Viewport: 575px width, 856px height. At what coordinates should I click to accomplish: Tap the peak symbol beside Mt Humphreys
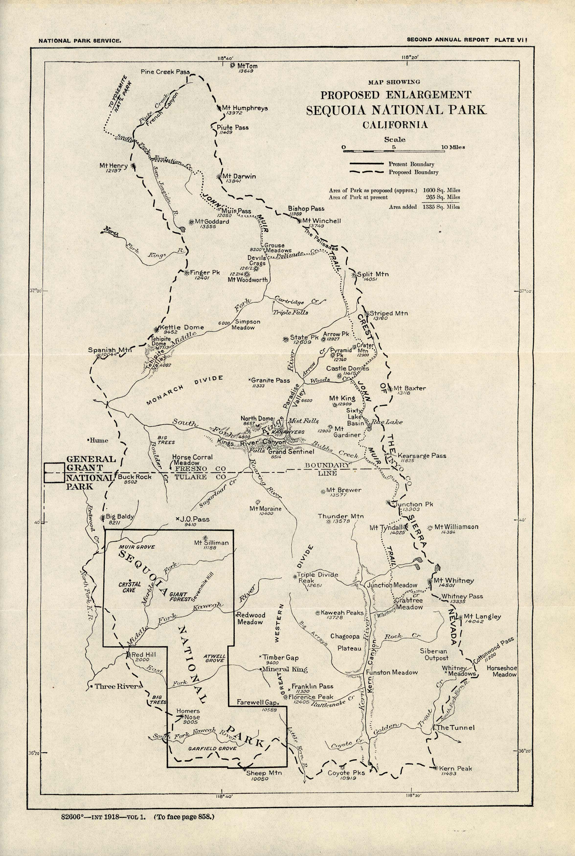[x=219, y=108]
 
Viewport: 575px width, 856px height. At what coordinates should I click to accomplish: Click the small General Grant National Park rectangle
[x=55, y=473]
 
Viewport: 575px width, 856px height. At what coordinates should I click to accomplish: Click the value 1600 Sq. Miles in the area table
[x=441, y=190]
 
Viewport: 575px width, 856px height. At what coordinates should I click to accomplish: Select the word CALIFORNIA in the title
[x=395, y=125]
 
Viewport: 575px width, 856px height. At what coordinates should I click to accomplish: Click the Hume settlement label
[x=99, y=440]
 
